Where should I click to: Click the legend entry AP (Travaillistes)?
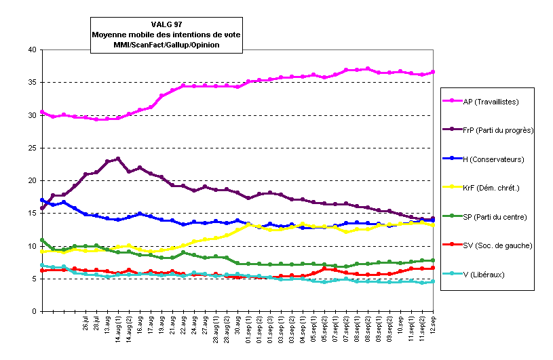click(x=491, y=102)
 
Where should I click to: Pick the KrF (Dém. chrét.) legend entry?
click(x=490, y=188)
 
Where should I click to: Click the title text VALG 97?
click(x=167, y=24)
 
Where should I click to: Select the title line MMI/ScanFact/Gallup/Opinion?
click(x=167, y=45)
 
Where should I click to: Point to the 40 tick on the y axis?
click(x=32, y=50)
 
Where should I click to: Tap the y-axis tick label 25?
click(x=32, y=148)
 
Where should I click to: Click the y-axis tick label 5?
click(x=34, y=279)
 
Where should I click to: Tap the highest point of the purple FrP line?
click(x=118, y=159)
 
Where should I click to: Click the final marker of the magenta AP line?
click(x=433, y=72)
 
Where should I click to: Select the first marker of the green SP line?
click(x=42, y=240)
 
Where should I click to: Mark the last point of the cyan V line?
click(x=433, y=281)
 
